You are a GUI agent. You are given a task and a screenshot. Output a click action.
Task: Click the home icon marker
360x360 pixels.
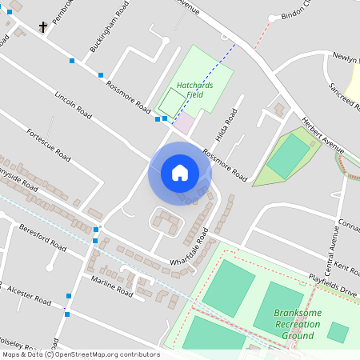tap(180, 172)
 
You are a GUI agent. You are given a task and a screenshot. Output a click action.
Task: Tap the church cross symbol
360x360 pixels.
tap(42, 26)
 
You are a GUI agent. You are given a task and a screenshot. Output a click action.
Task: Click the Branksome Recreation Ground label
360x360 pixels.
tap(296, 324)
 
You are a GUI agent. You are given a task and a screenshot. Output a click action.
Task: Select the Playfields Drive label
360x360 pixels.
tap(333, 286)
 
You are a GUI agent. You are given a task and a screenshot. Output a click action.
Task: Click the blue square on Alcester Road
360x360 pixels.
tap(69, 297)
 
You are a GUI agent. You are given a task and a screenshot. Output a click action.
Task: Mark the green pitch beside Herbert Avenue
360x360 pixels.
tap(288, 156)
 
